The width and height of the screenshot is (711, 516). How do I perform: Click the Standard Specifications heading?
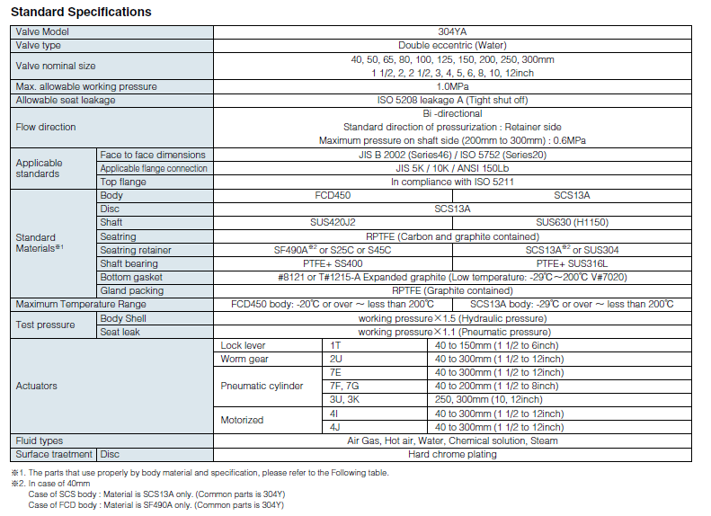[x=81, y=13]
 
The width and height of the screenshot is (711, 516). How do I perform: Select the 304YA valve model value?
[x=452, y=31]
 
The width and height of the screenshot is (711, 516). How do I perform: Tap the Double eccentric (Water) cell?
[x=452, y=45]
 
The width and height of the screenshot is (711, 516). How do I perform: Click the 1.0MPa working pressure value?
[x=452, y=86]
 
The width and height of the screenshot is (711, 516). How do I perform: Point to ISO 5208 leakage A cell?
[x=452, y=100]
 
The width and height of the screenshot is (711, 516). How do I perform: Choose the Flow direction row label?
[x=46, y=127]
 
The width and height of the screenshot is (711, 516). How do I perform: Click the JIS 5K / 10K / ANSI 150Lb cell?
[x=452, y=168]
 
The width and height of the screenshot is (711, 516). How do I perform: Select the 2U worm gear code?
[x=336, y=359]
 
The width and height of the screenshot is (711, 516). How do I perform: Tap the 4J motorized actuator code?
[x=336, y=427]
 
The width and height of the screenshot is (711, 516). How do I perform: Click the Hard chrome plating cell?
[x=452, y=454]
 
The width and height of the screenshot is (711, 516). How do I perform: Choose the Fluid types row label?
[x=40, y=440]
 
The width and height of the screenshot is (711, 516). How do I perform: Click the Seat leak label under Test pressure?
[x=120, y=332]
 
